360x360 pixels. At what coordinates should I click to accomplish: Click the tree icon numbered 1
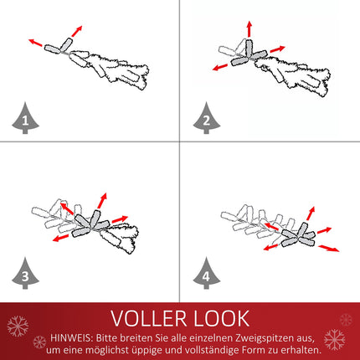(25, 119)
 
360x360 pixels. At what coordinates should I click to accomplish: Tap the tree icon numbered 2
(206, 119)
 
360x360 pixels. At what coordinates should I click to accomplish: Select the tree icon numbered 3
(25, 274)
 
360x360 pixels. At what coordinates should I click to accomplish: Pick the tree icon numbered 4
(206, 274)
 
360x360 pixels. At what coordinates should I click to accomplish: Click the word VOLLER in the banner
(148, 318)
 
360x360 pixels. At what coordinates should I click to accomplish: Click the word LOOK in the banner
(222, 318)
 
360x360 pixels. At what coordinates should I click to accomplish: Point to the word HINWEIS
(72, 338)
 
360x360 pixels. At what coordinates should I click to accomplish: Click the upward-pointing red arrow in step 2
(249, 28)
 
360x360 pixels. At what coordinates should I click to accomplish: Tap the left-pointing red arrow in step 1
(35, 43)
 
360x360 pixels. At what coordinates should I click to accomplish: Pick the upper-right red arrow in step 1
(77, 31)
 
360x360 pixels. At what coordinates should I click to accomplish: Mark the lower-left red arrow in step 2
(220, 67)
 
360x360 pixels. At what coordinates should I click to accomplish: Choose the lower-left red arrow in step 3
(60, 238)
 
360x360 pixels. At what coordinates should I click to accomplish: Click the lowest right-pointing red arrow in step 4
(329, 248)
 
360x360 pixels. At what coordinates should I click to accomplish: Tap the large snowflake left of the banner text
(18, 326)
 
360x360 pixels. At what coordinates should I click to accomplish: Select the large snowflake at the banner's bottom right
(335, 340)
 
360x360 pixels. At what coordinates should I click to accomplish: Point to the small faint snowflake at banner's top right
(346, 320)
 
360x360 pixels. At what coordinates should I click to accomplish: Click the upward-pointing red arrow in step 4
(311, 213)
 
